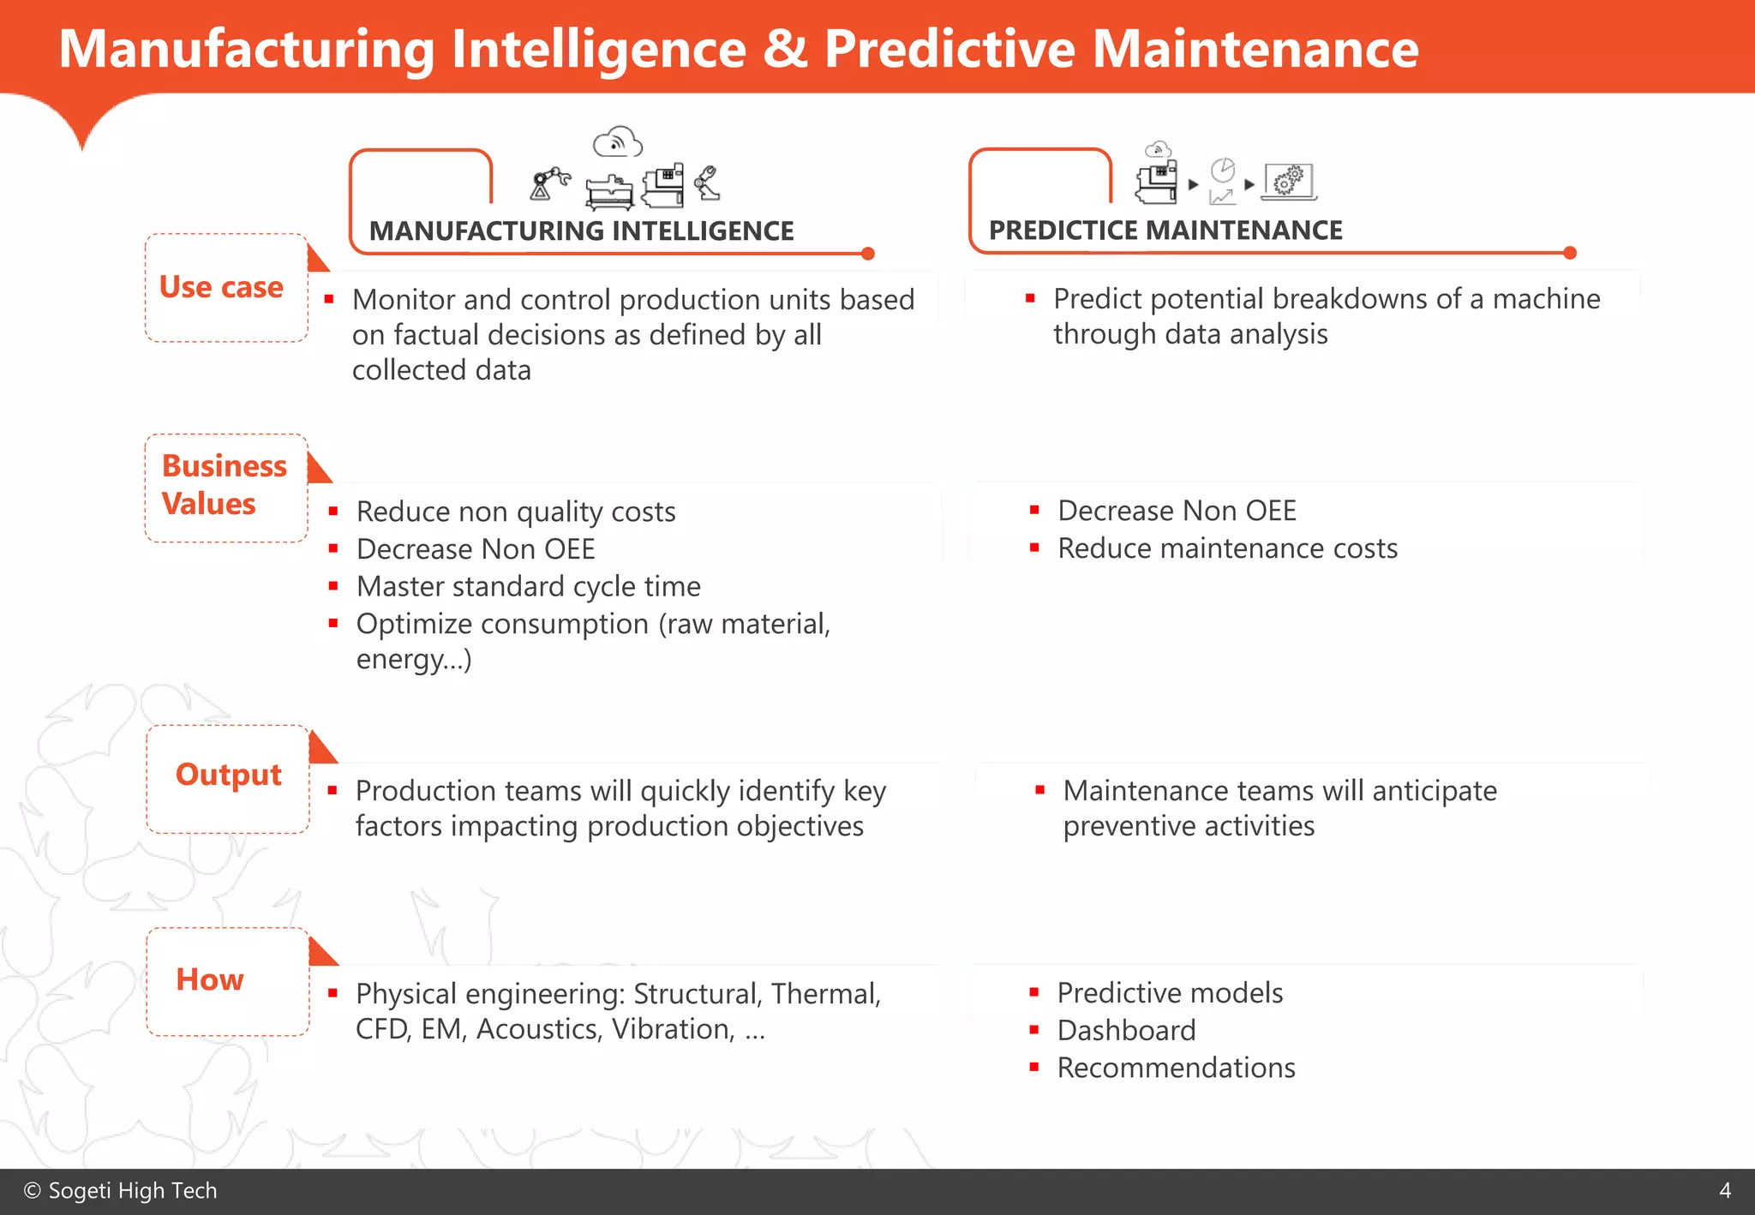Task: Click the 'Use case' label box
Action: [x=225, y=288]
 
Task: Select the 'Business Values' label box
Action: [x=225, y=487]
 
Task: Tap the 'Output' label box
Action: [x=228, y=777]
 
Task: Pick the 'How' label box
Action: [x=227, y=980]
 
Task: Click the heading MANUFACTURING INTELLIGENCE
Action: [x=581, y=231]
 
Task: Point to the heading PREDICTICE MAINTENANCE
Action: [x=1165, y=230]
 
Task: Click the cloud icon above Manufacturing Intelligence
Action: [x=617, y=142]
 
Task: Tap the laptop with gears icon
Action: [x=1289, y=182]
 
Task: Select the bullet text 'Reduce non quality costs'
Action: [x=516, y=512]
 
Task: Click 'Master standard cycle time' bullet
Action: [x=528, y=586]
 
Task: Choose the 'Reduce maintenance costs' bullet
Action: [x=1227, y=548]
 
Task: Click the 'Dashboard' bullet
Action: [x=1126, y=1030]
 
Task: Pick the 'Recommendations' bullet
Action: [x=1176, y=1068]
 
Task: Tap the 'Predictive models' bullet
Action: [x=1170, y=993]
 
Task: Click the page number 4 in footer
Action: [x=1725, y=1191]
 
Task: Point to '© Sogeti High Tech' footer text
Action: [x=121, y=1191]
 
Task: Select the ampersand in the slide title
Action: [x=784, y=49]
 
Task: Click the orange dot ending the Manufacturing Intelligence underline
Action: [x=868, y=254]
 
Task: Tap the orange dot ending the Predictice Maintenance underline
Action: [x=1570, y=253]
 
